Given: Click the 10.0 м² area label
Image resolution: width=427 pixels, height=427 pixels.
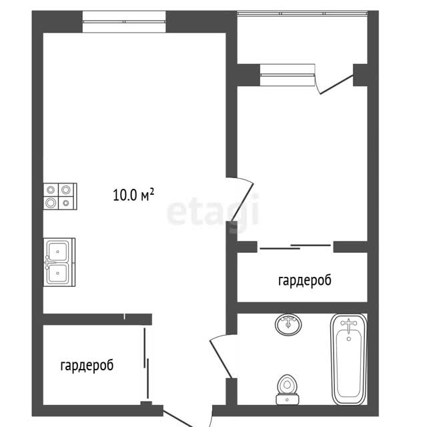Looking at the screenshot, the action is coord(133,194).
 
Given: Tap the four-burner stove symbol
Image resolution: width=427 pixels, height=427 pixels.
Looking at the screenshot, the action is coord(60,196).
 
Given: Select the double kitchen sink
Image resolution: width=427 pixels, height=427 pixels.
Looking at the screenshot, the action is coord(59,262).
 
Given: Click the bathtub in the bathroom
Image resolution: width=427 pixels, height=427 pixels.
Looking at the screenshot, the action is coord(349,360).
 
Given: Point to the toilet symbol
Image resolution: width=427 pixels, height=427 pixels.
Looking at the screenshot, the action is coord(288,390).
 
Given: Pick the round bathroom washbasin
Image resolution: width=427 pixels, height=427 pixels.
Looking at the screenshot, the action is coord(288,324).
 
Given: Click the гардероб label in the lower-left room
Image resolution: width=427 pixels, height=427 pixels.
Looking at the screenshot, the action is coord(87,366).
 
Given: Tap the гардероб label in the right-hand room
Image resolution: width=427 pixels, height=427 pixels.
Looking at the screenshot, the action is coord(305,280).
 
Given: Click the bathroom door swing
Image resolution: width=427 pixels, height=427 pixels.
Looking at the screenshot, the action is coord(220,357).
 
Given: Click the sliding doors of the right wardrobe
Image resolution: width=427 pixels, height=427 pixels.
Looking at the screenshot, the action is coord(296,247).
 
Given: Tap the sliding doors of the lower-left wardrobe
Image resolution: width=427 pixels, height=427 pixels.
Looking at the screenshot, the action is coord(146,364).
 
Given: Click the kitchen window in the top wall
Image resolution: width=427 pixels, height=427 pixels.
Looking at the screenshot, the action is coord(124,21).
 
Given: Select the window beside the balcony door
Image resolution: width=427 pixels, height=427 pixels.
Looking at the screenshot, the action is coord(288,75).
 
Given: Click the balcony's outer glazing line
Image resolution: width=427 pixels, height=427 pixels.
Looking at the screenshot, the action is coord(302,13).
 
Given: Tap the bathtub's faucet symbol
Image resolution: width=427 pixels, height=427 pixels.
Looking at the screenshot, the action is coord(349,325).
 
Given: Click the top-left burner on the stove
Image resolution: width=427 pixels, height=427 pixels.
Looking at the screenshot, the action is coord(51,189).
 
